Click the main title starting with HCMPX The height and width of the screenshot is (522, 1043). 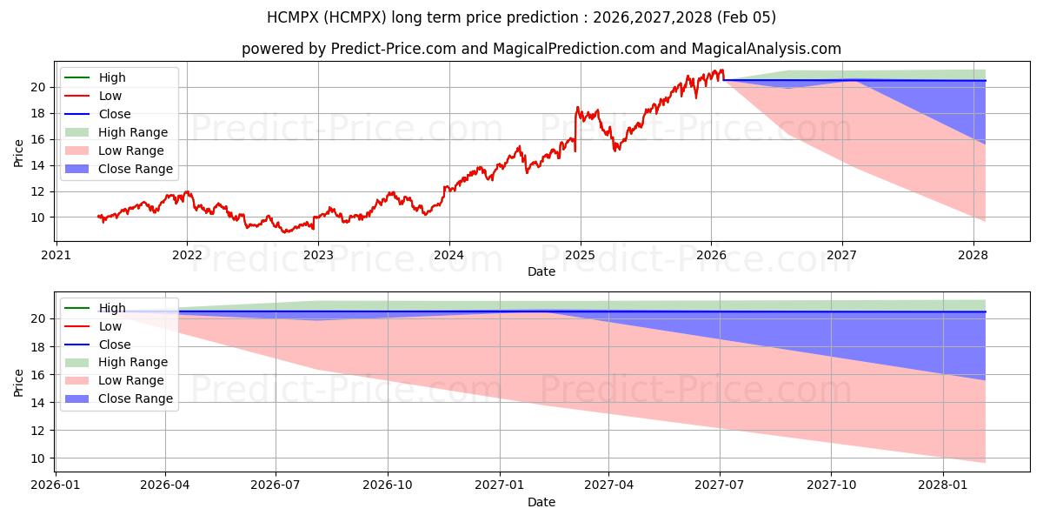click(521, 17)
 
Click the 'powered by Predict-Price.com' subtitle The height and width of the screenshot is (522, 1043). click(541, 50)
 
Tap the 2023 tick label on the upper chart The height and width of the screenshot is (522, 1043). click(318, 255)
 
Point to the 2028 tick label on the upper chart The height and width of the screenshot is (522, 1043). click(973, 255)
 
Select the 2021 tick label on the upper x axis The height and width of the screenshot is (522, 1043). click(56, 255)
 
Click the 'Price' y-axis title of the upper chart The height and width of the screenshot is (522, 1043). click(18, 153)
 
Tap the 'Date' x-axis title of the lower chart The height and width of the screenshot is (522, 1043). click(541, 502)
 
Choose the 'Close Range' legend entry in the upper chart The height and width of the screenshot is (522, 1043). click(135, 169)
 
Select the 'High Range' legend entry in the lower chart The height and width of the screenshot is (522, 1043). click(133, 362)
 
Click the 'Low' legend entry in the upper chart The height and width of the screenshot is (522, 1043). click(110, 96)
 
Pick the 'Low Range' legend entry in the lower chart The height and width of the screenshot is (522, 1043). click(131, 380)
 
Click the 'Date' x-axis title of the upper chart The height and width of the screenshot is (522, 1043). click(541, 271)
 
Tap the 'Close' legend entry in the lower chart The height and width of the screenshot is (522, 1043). click(115, 345)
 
